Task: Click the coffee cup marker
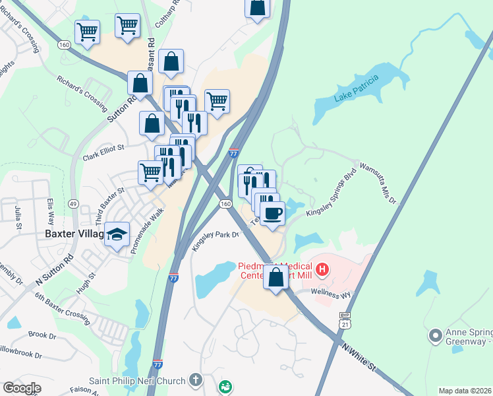pos(272,213)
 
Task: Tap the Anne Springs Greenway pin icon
pos(434,337)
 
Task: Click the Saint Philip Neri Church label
pos(138,380)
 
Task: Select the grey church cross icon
pos(195,380)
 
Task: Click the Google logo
pos(22,388)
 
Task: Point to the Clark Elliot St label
pos(103,152)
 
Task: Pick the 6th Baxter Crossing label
pos(63,309)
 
